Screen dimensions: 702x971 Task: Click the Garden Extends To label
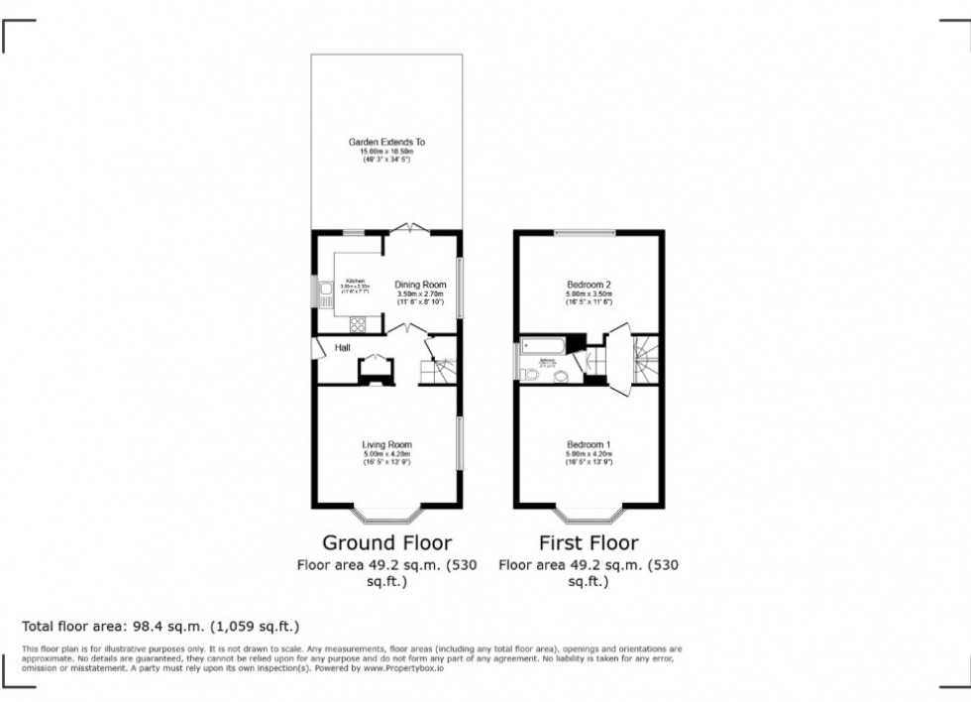(x=386, y=142)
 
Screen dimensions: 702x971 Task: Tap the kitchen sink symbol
(x=325, y=292)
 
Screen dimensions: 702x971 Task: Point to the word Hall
(x=342, y=348)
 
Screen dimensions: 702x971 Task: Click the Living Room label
(x=386, y=444)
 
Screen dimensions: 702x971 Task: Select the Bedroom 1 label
(x=589, y=443)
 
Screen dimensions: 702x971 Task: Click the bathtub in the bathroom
(x=542, y=346)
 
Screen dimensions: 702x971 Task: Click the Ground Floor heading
(x=386, y=542)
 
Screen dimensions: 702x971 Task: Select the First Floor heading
(x=589, y=542)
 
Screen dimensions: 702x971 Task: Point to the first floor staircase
(x=644, y=357)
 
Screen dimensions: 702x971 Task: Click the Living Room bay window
(x=386, y=515)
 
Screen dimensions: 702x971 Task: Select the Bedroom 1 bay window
(x=589, y=515)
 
